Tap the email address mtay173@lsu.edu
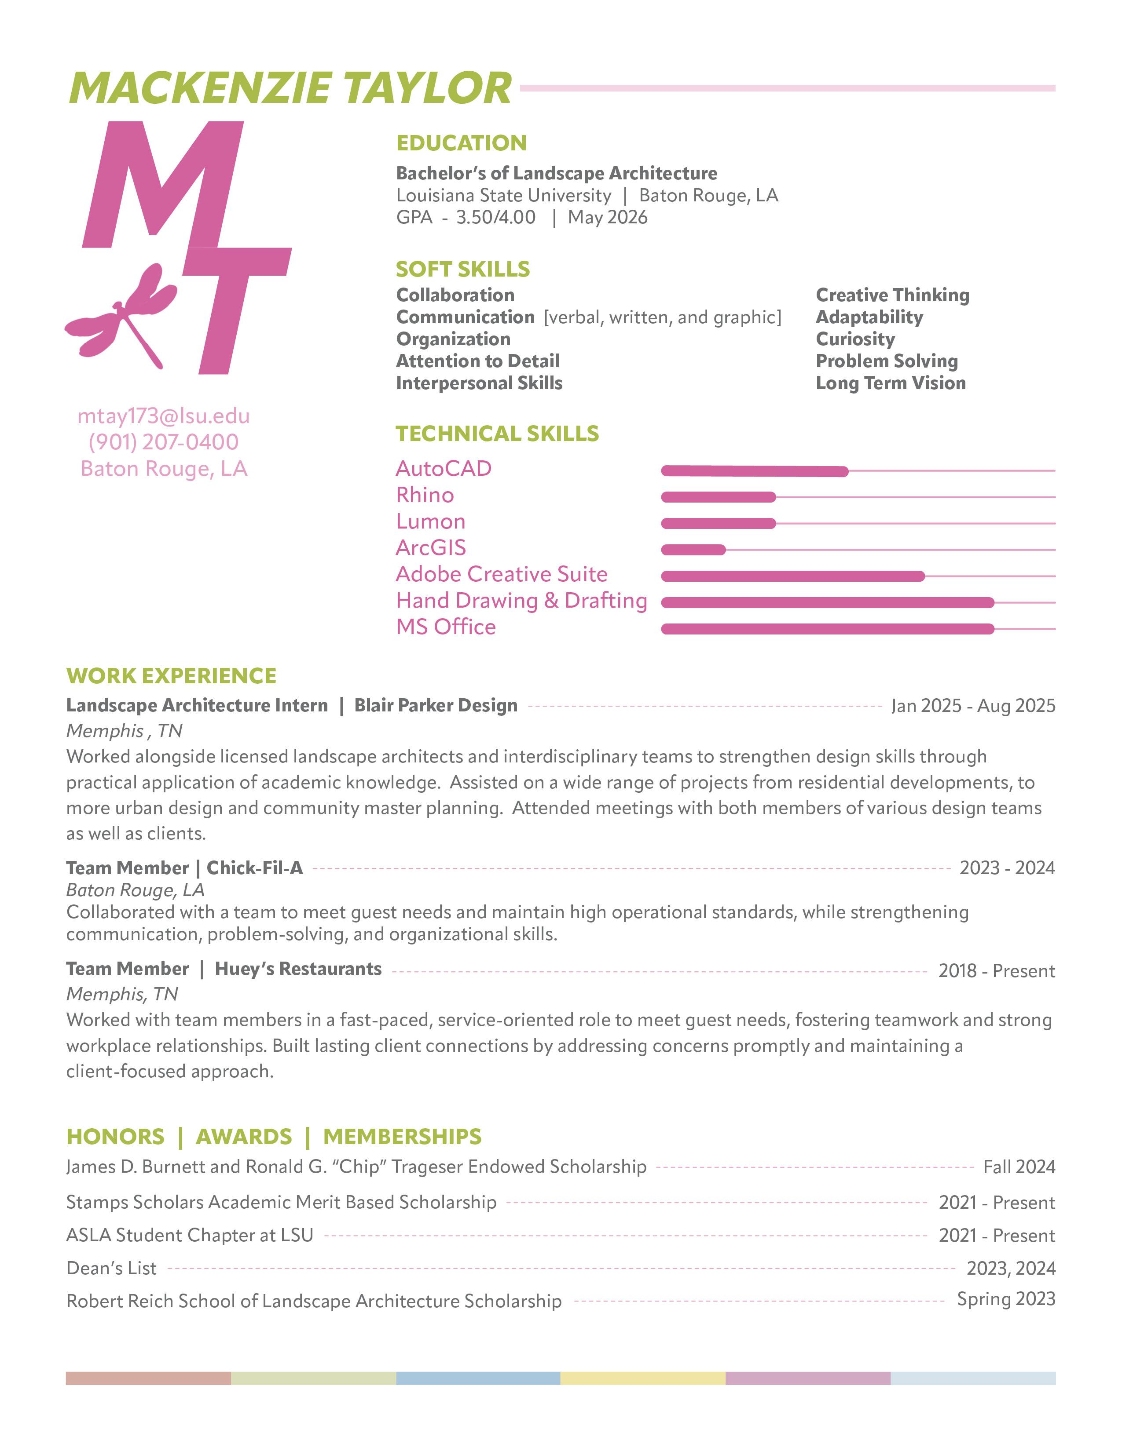[x=164, y=416]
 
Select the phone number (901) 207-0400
[x=164, y=442]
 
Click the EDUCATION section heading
[x=461, y=143]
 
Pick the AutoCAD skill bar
[x=755, y=471]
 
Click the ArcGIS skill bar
[x=693, y=550]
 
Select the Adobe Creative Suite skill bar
[x=792, y=576]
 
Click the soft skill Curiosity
[x=855, y=339]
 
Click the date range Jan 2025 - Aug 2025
[x=973, y=706]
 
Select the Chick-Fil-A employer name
[x=255, y=868]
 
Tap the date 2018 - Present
[x=996, y=971]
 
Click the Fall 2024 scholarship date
[x=1019, y=1167]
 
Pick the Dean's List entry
[x=112, y=1268]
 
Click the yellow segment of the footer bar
[x=643, y=1378]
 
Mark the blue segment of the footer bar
[x=478, y=1378]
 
